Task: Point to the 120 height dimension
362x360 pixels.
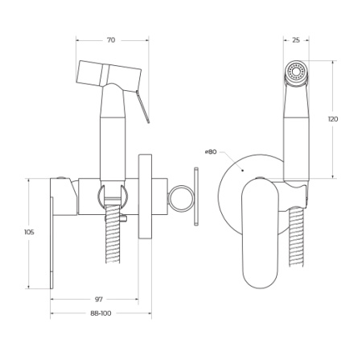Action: [x=333, y=118]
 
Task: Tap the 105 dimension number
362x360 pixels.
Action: [x=18, y=232]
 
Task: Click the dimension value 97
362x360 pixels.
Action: [x=97, y=299]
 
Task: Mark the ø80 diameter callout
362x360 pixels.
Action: [x=212, y=151]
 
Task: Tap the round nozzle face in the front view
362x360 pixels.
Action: [x=297, y=74]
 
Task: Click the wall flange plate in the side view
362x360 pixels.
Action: [x=146, y=197]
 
